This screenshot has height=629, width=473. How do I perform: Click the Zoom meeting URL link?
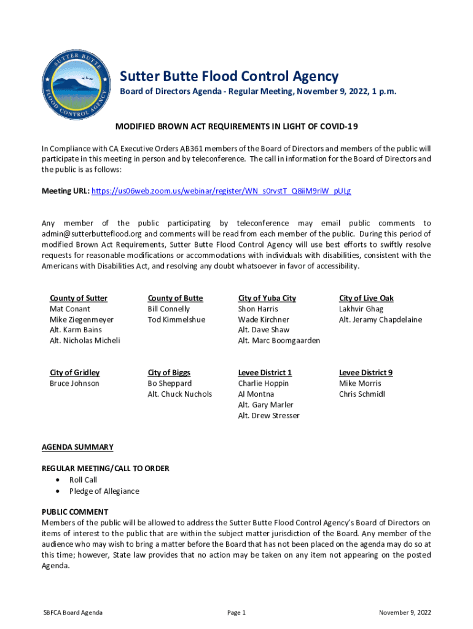coord(221,191)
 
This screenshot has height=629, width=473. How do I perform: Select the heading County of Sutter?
coord(79,298)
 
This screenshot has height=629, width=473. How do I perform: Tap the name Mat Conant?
coord(70,309)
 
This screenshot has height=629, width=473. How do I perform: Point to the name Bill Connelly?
coord(169,309)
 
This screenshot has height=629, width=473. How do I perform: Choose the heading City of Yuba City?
coord(267,298)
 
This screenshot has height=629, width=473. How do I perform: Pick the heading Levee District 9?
coord(365,372)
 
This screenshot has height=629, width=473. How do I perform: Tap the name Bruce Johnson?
coord(74,383)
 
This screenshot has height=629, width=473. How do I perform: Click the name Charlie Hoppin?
coord(264,383)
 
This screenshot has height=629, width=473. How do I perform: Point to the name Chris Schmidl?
coord(362,394)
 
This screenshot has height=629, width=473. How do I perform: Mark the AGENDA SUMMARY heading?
coord(77,447)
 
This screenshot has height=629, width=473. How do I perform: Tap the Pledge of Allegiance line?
coord(104,491)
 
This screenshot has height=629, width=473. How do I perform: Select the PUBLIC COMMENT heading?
coord(75,512)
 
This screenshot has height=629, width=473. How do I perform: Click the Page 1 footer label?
coord(237,612)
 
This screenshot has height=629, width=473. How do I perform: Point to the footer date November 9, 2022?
coord(405,612)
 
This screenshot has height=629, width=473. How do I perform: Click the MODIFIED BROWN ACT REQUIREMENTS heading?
coord(237,127)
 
